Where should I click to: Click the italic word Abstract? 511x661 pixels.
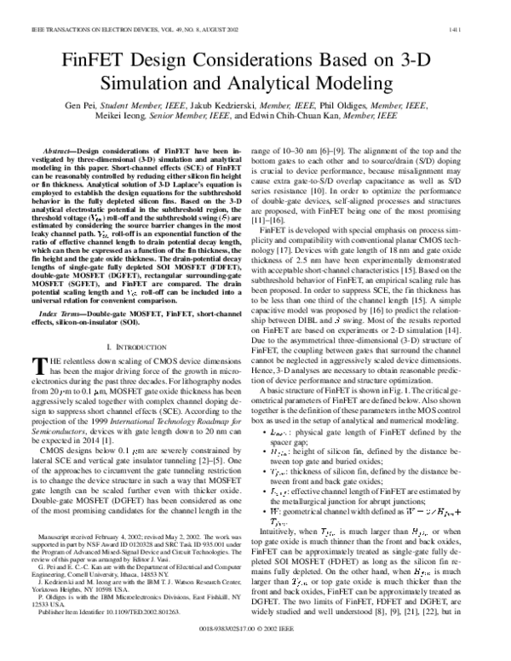(57, 150)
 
